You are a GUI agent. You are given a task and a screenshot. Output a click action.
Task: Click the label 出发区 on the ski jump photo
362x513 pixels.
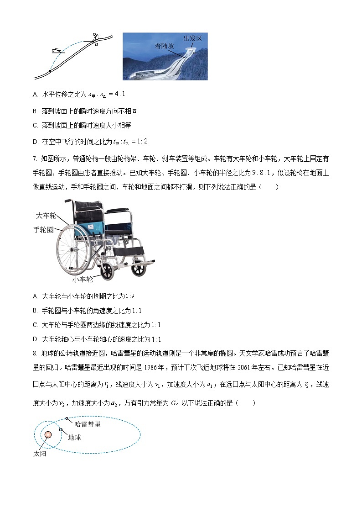(x=192, y=39)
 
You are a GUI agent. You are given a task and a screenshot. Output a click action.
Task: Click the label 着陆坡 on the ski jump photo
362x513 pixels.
(x=164, y=46)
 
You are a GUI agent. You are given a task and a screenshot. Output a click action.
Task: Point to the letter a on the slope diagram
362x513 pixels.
(x=96, y=44)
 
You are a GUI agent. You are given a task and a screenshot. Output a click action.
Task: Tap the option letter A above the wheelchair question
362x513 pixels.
(x=35, y=94)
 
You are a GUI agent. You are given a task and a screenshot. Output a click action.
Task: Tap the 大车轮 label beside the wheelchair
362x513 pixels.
(x=46, y=215)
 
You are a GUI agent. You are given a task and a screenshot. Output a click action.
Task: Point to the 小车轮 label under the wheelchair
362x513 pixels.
(x=83, y=279)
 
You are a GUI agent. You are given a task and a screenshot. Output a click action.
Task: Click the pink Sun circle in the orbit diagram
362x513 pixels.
(x=48, y=434)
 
